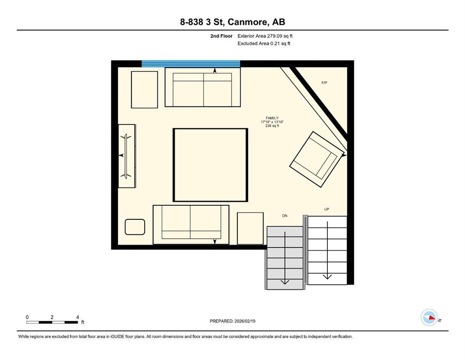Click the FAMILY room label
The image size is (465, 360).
272,118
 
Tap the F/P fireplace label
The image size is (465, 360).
324,83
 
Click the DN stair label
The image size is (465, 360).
284,216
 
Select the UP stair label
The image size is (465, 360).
326,210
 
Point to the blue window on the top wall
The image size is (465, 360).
191,64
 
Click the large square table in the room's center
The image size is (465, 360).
210,165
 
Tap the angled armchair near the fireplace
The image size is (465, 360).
317,159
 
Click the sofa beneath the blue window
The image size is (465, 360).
202,87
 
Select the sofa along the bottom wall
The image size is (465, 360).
191,225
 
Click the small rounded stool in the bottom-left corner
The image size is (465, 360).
135,227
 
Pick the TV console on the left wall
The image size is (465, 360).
126,156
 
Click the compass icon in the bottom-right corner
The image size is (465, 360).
429,317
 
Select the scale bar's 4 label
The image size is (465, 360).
77,317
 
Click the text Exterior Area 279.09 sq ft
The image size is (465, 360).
265,36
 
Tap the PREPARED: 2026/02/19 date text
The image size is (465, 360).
232,321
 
